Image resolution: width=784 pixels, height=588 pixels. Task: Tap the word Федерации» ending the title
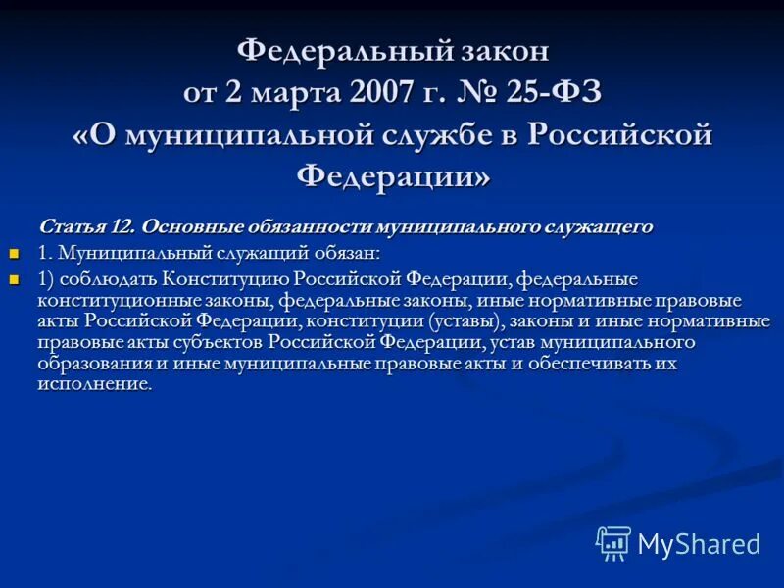pos(392,177)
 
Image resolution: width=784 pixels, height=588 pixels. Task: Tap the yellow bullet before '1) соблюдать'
pos(14,279)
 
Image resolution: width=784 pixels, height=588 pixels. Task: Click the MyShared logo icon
pos(613,543)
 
